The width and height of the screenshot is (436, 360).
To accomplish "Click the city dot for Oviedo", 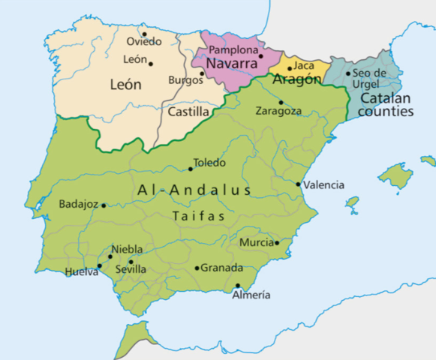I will [144, 34].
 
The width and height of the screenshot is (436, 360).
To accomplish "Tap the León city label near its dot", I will [135, 59].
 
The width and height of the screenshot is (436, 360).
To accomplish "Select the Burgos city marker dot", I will [202, 73].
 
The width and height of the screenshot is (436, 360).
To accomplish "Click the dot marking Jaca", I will [290, 68].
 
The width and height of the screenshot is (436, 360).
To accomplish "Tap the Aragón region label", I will [298, 79].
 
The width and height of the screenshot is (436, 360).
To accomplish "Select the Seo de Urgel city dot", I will [347, 73].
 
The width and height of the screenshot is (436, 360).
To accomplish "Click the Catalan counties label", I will [386, 105].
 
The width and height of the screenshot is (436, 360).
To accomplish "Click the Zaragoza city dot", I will [281, 103].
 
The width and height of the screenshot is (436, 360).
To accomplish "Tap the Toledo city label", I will [209, 162].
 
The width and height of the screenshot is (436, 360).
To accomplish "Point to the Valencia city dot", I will [299, 184].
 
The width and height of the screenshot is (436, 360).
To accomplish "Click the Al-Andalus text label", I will [194, 190].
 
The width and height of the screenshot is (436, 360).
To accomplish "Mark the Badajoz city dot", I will [104, 205].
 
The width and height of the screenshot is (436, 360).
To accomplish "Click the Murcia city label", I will [256, 242].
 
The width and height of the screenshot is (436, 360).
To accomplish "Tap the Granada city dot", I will [197, 268].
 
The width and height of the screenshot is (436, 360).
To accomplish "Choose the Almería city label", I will [251, 295].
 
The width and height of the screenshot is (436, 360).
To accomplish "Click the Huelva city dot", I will [99, 265].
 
